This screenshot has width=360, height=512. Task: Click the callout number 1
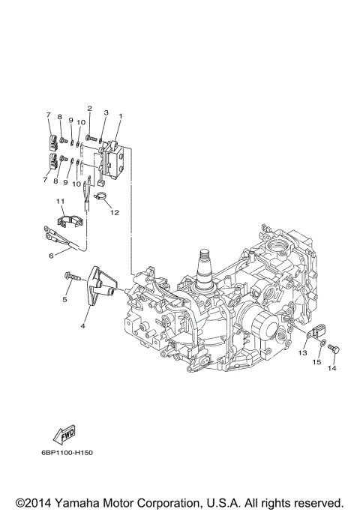(x=120, y=116)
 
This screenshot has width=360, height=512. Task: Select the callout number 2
(x=89, y=109)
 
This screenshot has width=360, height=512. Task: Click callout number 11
(x=59, y=202)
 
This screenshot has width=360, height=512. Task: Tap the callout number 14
(x=331, y=368)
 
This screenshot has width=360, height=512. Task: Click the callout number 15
(x=316, y=362)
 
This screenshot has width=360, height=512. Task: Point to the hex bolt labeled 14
(x=334, y=349)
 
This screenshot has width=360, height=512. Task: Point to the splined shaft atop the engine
(x=205, y=265)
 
